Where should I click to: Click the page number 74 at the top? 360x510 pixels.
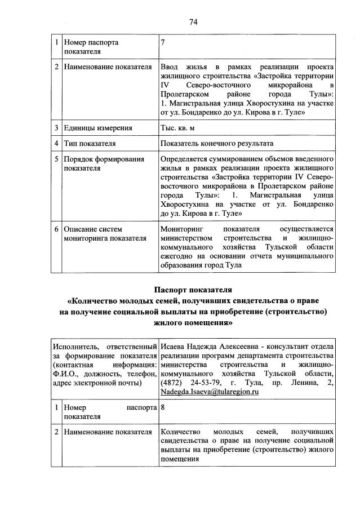point(193,22)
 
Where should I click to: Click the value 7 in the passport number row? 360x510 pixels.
point(163,42)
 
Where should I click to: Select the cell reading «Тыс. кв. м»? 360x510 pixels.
point(180,128)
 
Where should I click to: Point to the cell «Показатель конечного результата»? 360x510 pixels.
point(217,143)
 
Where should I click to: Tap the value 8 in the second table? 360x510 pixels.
point(163,406)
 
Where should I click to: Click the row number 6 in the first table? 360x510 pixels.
point(56,229)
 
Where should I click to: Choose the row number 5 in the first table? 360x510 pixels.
point(56,159)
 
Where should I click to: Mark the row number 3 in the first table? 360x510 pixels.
point(56,128)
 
